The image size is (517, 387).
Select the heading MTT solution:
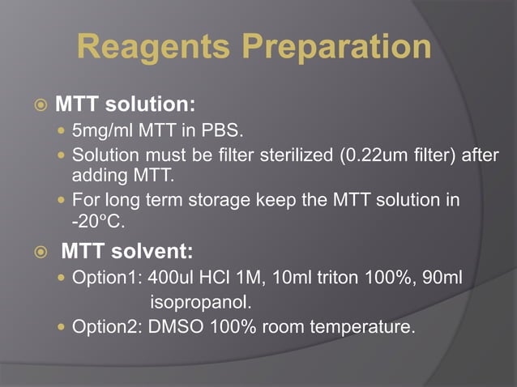(126, 105)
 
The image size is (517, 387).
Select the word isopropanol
(201, 304)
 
